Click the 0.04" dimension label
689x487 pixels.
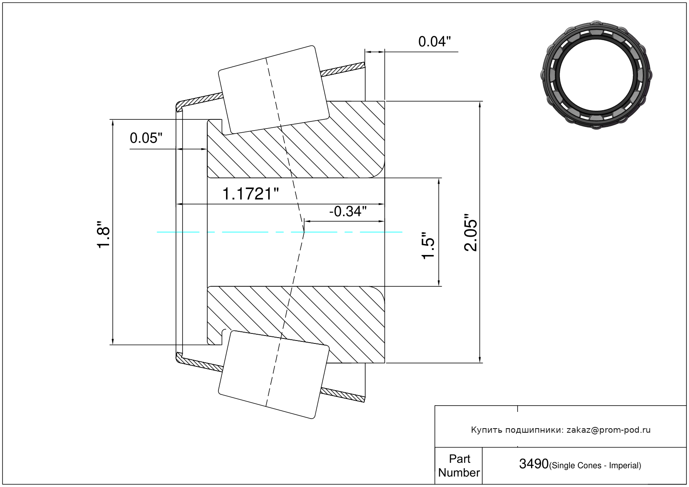coord(435,42)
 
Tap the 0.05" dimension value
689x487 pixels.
coord(146,138)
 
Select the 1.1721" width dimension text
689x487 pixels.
coord(250,194)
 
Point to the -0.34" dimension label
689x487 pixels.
coord(348,212)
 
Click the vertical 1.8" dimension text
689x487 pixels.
coord(103,235)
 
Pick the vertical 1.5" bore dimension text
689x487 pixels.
coord(428,245)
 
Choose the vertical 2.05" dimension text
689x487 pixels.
coord(471,232)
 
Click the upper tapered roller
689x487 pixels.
coord(274,89)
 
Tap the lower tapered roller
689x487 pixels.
coord(274,374)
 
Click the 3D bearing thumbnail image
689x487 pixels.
coord(596,74)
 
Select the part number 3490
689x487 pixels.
coord(534,464)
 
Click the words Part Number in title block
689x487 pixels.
coord(459,466)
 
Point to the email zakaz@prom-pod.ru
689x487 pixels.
coord(608,430)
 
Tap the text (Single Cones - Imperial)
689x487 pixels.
coord(595,465)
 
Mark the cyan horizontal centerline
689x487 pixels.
coord(251,232)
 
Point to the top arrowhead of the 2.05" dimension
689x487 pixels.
coord(480,104)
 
